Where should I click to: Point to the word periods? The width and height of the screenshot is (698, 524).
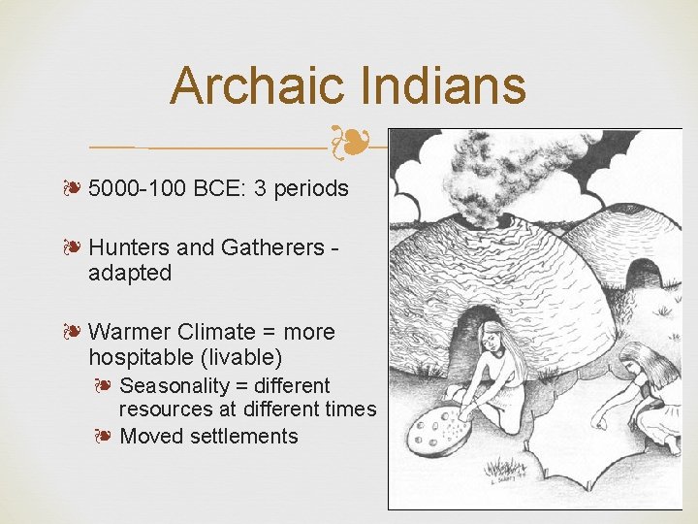tap(310, 188)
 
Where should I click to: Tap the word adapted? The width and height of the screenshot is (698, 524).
tap(130, 274)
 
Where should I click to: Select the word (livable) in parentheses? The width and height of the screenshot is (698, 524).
tap(251, 357)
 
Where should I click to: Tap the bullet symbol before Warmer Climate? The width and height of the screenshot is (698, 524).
tap(73, 332)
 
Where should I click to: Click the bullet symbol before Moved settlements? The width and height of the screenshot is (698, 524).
tap(105, 436)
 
